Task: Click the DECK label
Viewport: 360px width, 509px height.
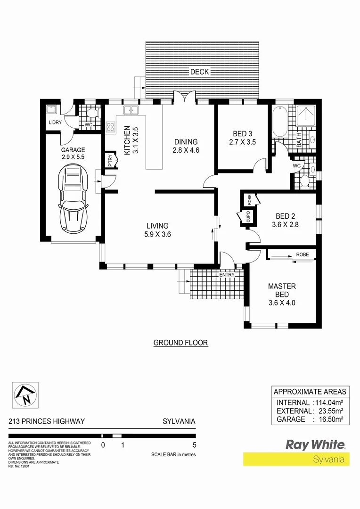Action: [199, 72]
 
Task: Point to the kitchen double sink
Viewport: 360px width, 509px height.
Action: [130, 110]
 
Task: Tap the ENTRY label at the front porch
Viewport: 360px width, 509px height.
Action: [226, 275]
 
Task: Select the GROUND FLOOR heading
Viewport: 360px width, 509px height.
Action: [180, 343]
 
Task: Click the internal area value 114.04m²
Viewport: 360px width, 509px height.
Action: [329, 402]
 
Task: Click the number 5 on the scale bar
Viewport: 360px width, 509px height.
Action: [194, 444]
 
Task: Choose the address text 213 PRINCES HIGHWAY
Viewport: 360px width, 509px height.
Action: [47, 421]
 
